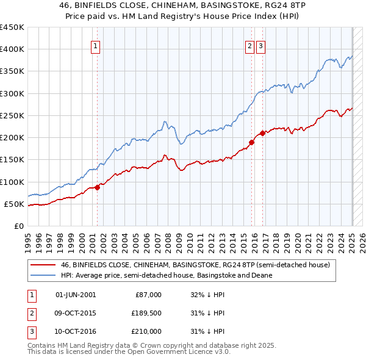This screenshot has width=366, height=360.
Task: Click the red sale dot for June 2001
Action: [97, 188]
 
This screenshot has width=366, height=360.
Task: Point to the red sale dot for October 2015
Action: [251, 142]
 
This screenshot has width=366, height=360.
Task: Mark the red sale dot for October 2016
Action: [262, 133]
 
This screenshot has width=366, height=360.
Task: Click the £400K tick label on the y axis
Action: [12, 49]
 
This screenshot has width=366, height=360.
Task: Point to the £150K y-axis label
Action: [12, 160]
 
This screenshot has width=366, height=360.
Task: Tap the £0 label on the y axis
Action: [19, 226]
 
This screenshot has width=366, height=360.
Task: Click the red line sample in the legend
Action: [43, 265]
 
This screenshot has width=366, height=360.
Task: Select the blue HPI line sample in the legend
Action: [43, 275]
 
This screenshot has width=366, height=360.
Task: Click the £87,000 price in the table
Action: [148, 295]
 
